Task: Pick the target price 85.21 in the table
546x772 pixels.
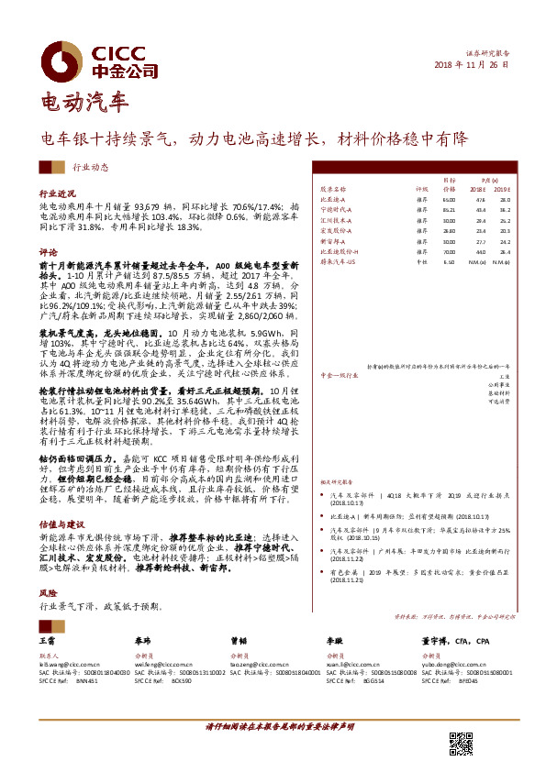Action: (449, 210)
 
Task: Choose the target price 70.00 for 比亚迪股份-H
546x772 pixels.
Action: (449, 251)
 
